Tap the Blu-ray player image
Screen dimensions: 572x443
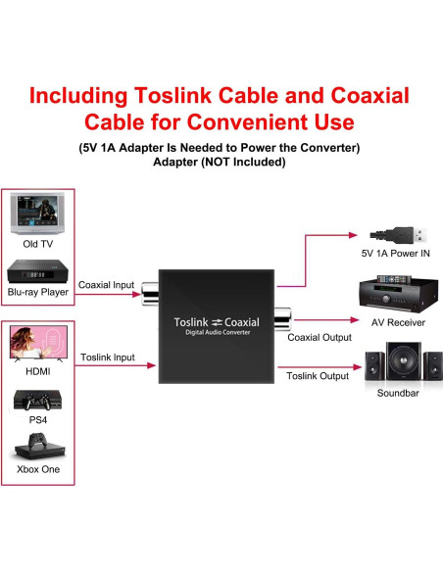click(38, 273)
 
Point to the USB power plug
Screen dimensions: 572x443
click(396, 235)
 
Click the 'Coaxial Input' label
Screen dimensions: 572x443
click(106, 285)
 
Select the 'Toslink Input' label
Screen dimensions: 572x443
click(108, 357)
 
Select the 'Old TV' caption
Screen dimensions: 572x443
click(38, 244)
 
